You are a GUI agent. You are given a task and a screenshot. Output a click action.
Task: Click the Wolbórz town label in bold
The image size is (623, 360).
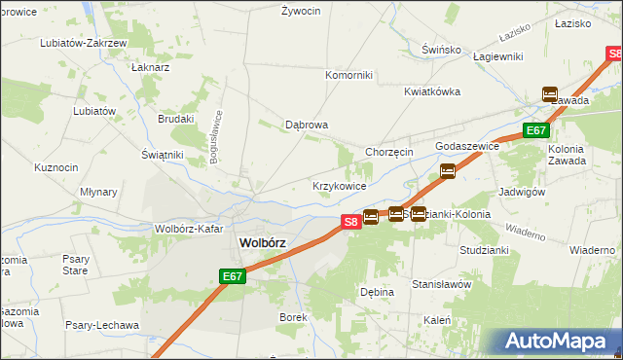click(x=262, y=243)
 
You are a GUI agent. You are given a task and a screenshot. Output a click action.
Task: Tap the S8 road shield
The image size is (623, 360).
click(x=351, y=222)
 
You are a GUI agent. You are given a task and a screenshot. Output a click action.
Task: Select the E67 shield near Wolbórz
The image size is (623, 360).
click(x=231, y=277)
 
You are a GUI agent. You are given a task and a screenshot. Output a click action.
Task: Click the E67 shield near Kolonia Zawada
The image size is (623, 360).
click(x=535, y=130)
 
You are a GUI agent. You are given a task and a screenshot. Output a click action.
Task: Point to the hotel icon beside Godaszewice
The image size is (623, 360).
click(x=448, y=171)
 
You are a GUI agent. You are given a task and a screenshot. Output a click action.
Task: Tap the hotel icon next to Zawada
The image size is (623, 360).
click(x=550, y=94)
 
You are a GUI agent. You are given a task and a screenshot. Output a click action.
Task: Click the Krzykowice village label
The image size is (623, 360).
click(x=339, y=186)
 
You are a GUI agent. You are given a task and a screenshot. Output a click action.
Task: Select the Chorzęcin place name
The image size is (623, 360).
click(x=389, y=152)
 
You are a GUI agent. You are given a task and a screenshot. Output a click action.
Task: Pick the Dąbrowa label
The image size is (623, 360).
click(x=306, y=125)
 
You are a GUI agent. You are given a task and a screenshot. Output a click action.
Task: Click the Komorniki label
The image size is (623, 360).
click(x=348, y=75)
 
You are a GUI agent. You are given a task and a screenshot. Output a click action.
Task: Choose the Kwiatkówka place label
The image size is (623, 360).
click(x=432, y=91)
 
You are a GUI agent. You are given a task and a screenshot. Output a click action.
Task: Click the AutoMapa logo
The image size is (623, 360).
click(x=558, y=342)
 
